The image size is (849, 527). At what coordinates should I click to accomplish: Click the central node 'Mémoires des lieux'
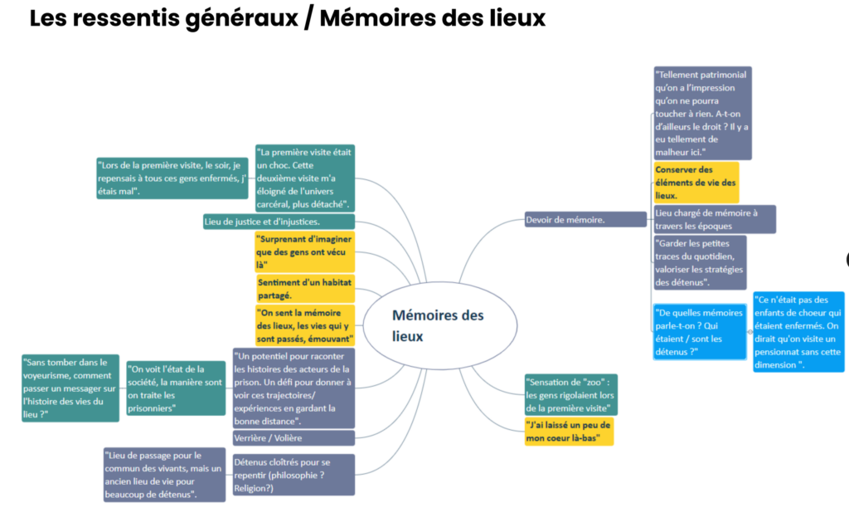point(439,325)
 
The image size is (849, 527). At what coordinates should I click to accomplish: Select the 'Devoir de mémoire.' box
point(585,220)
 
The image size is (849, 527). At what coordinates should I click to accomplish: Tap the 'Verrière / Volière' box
point(294,438)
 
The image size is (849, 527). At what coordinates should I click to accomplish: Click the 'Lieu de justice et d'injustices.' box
point(279,222)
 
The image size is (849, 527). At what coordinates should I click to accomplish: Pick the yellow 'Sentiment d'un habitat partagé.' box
point(305,289)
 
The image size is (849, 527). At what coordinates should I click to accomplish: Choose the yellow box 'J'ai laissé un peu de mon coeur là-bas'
point(569,432)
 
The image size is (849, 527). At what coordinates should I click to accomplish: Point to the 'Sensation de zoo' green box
point(570,395)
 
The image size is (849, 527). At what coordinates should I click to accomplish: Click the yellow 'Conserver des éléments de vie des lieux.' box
point(696,183)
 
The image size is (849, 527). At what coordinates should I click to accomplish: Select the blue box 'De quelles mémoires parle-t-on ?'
point(700,332)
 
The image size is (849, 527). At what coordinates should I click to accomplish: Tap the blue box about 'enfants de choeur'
point(798,332)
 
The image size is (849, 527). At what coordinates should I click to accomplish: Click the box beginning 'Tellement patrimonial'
point(702,114)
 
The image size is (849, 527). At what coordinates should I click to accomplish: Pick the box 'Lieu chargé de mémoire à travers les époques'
point(714,219)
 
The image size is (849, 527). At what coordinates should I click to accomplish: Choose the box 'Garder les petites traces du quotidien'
point(700,262)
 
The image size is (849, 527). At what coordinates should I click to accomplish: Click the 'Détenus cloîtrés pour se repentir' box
point(294,475)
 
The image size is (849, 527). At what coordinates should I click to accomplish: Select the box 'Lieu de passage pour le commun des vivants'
point(165,475)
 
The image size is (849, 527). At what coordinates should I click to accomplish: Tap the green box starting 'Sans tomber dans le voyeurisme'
point(70,388)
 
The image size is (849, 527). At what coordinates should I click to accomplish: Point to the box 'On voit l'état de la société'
point(176,388)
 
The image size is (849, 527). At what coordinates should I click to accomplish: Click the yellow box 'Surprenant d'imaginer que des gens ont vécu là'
point(305,251)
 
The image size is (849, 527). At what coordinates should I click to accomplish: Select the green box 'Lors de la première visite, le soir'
point(172,178)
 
